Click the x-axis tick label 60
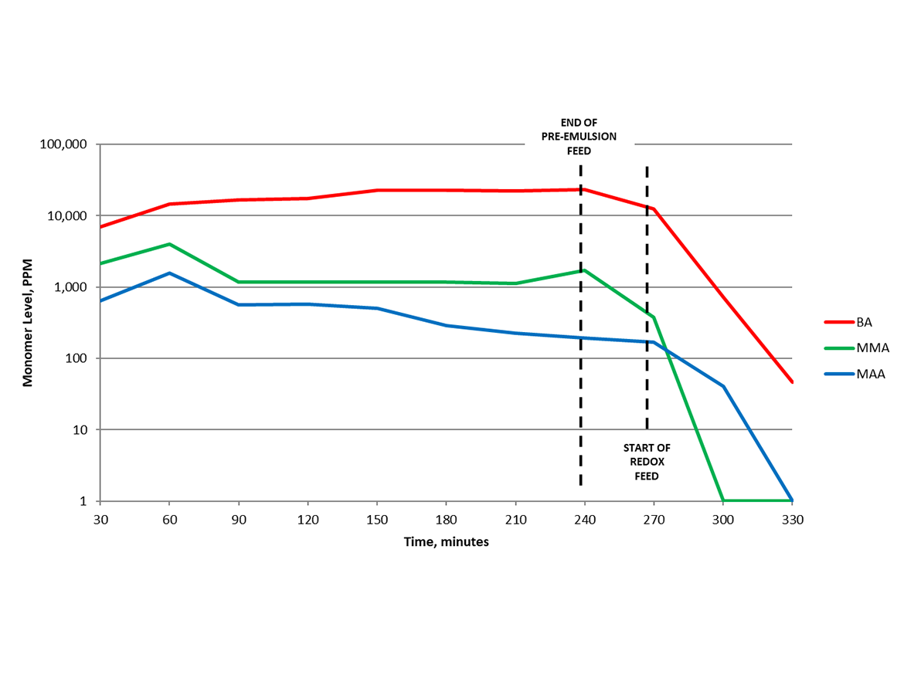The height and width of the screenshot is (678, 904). (x=170, y=520)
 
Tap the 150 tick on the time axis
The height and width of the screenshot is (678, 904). (x=377, y=520)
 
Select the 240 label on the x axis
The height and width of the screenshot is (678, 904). (x=585, y=520)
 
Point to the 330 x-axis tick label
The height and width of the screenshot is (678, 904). (x=793, y=520)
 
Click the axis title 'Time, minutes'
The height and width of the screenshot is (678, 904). (x=446, y=542)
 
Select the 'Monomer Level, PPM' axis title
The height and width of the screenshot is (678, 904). (x=28, y=321)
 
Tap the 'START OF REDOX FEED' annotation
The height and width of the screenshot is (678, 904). (x=647, y=462)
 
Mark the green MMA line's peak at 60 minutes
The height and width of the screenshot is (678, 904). (x=170, y=244)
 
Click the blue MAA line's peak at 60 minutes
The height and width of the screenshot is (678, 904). (x=170, y=273)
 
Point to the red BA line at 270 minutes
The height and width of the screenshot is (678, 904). (x=654, y=208)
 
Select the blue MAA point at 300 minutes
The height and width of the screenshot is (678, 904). (x=723, y=386)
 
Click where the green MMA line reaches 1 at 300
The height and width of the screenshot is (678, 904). (x=723, y=500)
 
